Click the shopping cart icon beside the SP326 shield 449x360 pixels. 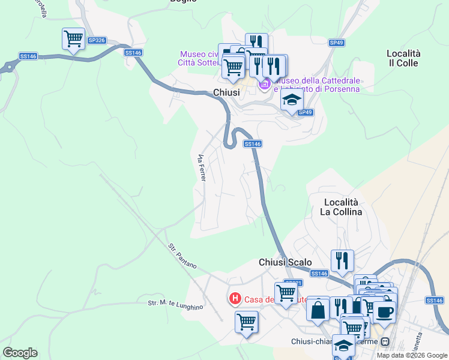point(73,40)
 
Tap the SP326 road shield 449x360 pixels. point(96,40)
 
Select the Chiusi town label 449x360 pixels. point(226,92)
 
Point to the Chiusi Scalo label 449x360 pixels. point(285,262)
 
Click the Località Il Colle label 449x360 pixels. point(403,58)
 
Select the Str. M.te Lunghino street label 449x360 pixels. point(176,305)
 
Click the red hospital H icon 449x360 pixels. point(235,298)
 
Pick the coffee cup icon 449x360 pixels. point(384,311)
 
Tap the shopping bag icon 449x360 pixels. point(318,310)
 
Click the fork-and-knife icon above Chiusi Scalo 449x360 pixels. point(342,260)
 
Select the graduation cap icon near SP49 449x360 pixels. point(292,100)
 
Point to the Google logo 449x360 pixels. point(20,353)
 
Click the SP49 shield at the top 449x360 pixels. point(336,43)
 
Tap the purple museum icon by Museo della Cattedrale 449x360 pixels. point(264,86)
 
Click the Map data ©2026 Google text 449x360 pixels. point(411,355)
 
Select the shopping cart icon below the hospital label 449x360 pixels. point(246,322)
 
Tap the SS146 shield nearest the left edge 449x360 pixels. point(28,56)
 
